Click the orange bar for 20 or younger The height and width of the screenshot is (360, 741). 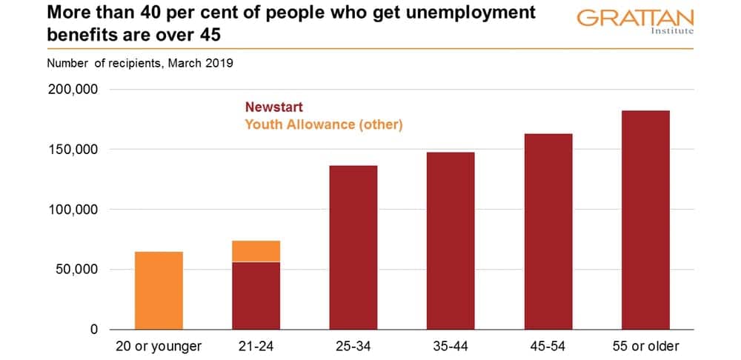pos(159,290)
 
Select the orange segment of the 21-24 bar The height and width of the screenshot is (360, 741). pos(256,251)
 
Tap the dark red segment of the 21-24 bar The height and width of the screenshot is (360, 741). pos(256,296)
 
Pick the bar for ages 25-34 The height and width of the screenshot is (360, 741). pos(353,247)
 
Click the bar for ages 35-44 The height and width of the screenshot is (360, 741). pos(451,241)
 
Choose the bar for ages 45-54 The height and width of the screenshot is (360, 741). pos(548,231)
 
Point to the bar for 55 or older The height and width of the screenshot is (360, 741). pos(645,220)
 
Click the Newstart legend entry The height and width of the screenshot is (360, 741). pos(273,108)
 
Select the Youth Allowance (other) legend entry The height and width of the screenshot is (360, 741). pos(323,125)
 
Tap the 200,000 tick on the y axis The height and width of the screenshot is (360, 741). pos(73,90)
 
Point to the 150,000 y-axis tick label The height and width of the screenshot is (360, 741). pos(73,150)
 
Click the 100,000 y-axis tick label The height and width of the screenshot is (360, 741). pos(73,210)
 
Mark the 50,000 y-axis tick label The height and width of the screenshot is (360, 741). pos(76,270)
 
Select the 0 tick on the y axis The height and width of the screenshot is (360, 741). pos(94,330)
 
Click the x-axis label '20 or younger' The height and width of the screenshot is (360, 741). pos(159,347)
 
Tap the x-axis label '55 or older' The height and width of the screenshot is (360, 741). pos(645,347)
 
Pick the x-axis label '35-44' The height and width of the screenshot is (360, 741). pos(451,347)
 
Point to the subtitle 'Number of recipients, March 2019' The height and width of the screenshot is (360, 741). pos(140,63)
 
